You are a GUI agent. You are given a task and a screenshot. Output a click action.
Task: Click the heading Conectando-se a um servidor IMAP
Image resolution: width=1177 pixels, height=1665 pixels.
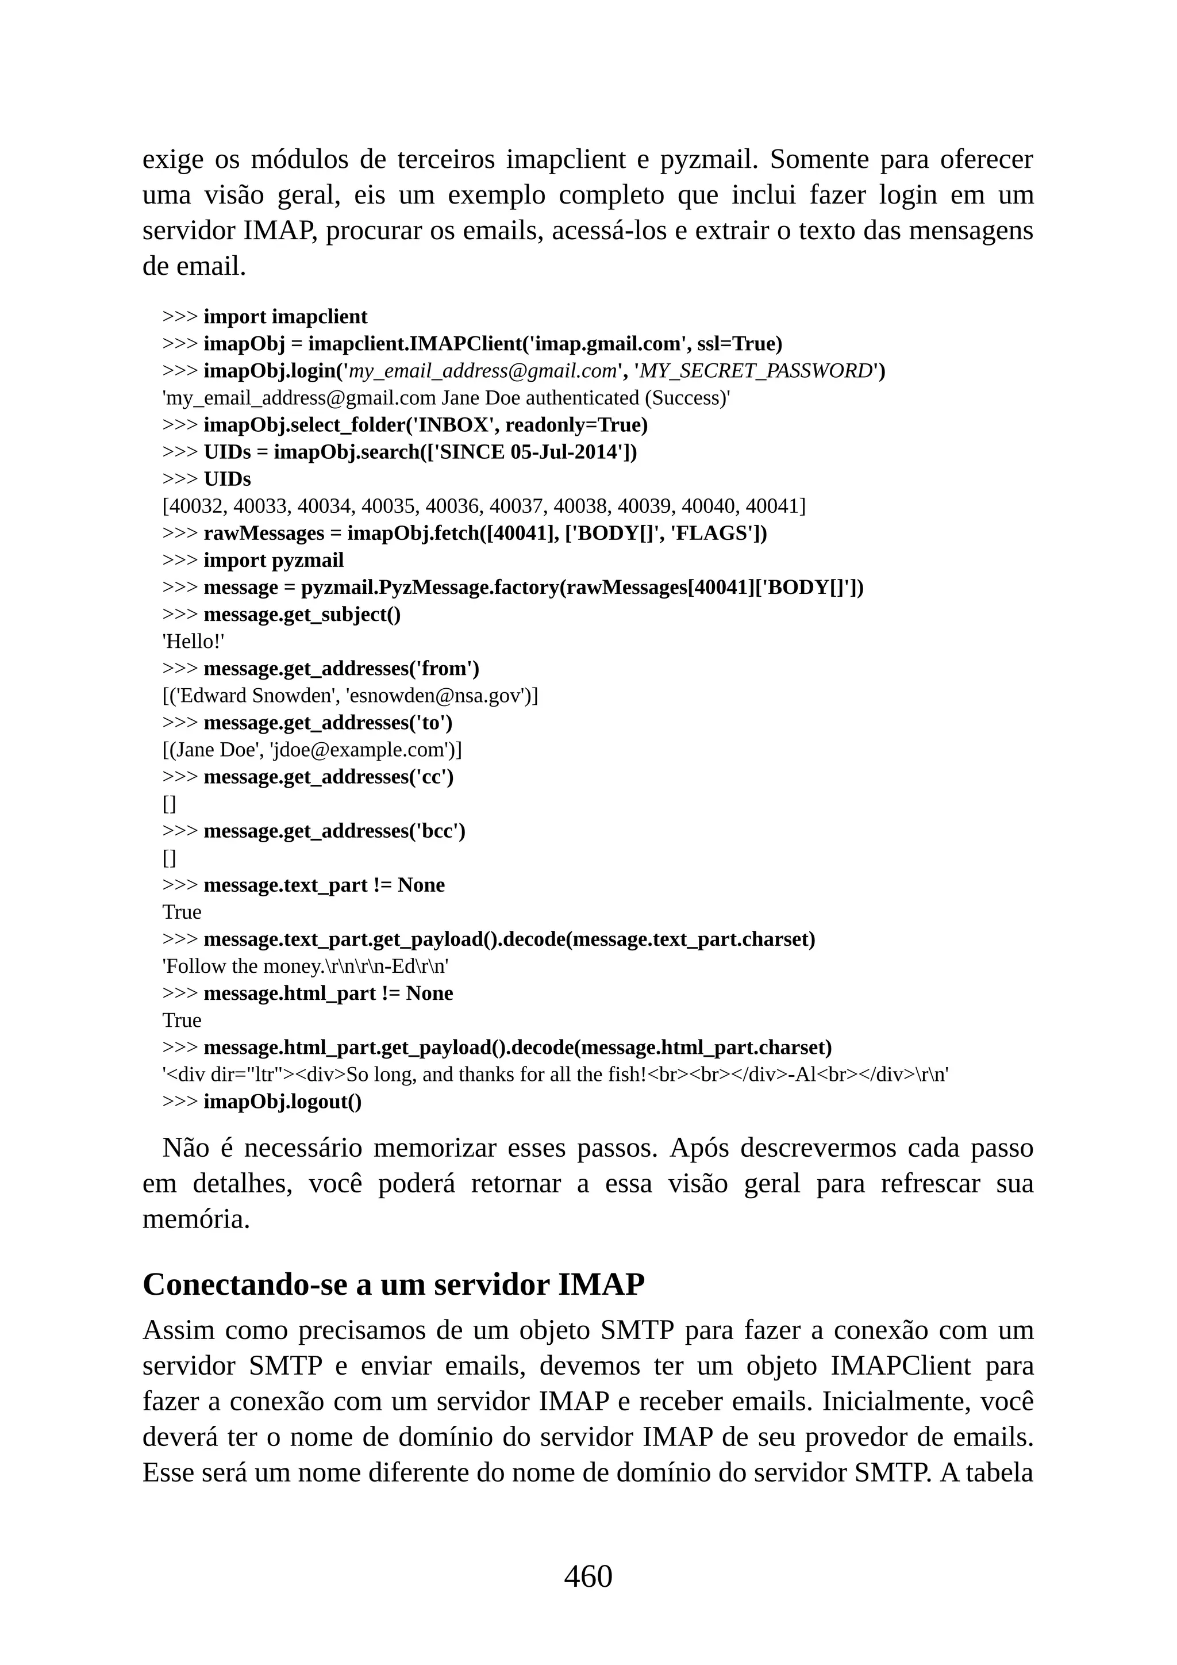393,1284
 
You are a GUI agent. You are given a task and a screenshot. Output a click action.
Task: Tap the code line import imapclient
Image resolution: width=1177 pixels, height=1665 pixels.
285,317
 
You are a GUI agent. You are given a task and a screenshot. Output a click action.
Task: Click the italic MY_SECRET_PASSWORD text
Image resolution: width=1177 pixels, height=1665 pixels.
755,371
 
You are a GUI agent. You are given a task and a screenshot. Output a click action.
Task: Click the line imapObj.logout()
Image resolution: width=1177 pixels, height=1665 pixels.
282,1102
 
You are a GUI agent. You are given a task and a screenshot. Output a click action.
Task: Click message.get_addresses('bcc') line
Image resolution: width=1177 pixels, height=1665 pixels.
334,831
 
